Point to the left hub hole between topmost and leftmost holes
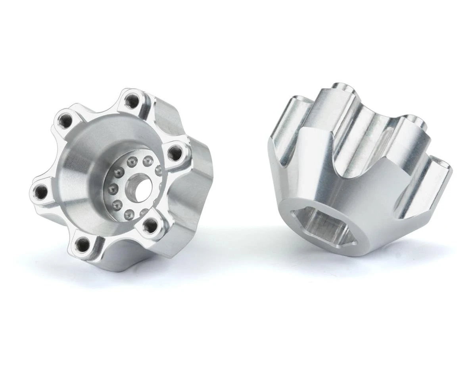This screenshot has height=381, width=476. click(x=64, y=119)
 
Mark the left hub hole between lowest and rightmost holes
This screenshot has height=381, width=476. click(x=150, y=225)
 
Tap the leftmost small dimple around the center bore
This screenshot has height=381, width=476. click(x=111, y=187)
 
